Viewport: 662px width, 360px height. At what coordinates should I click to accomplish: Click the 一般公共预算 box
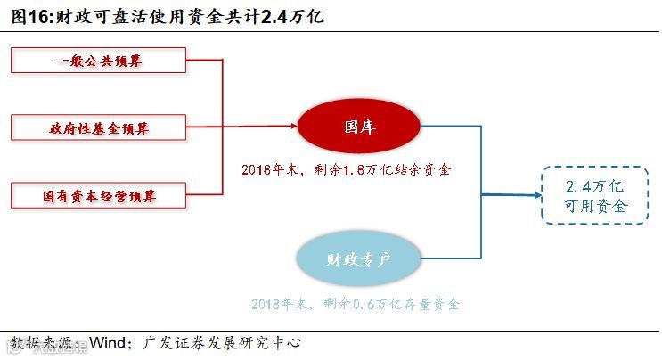(x=99, y=61)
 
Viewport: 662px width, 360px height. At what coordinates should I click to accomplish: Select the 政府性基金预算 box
(x=99, y=128)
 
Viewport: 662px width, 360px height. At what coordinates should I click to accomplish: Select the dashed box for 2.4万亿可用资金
(x=595, y=195)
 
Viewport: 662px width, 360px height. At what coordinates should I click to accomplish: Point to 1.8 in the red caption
(x=350, y=169)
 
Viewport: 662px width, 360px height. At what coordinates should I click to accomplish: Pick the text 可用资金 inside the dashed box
(x=596, y=206)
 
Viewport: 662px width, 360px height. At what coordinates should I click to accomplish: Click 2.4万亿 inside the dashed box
(x=596, y=186)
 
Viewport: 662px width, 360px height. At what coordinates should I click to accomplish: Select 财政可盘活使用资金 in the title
(x=134, y=16)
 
